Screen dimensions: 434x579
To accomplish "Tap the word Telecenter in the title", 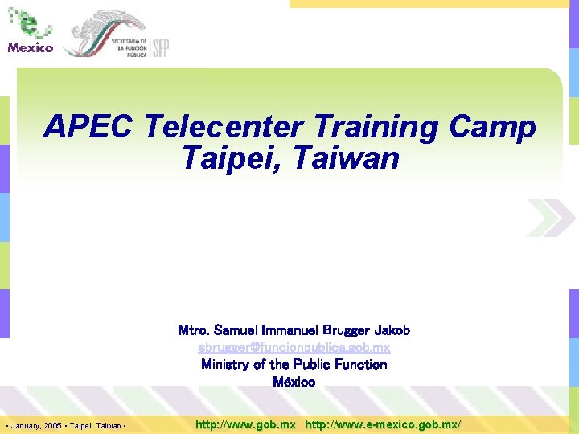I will coord(223,127).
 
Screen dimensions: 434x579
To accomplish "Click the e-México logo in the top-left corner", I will coord(31,32).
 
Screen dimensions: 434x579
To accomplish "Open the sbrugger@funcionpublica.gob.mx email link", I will coord(294,347).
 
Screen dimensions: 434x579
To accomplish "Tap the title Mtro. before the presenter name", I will coord(194,330).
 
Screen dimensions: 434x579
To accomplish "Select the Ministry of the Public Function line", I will coord(294,364).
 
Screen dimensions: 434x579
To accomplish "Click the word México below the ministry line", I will coord(294,382).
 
